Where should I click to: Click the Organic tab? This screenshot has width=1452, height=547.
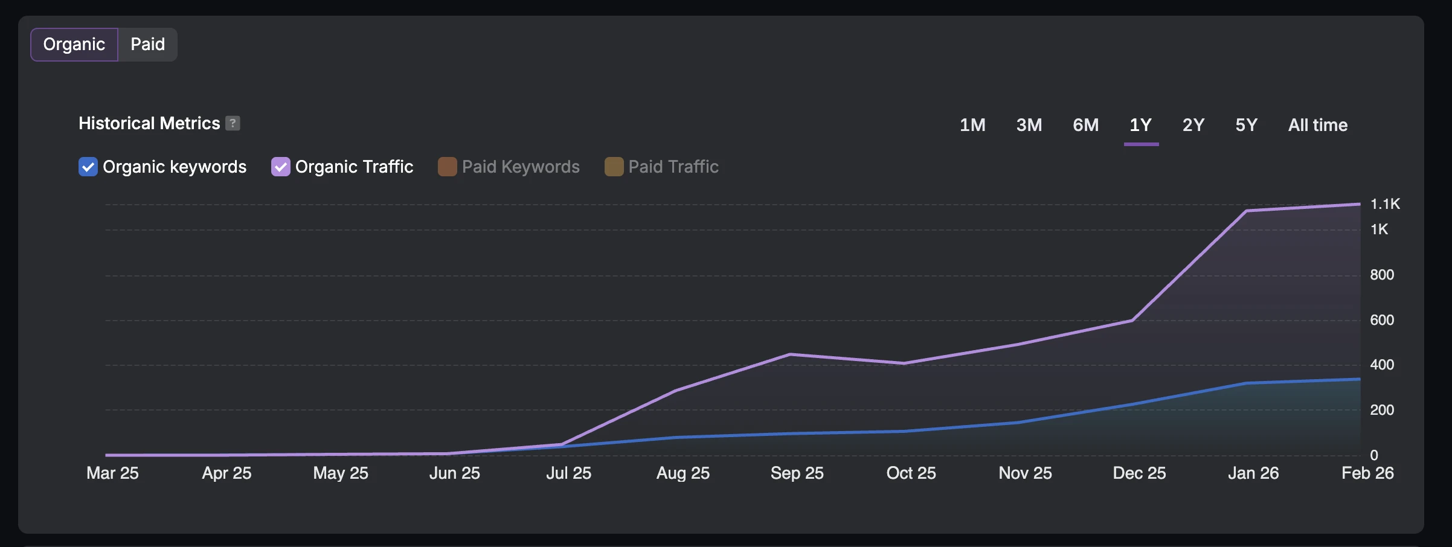(x=74, y=45)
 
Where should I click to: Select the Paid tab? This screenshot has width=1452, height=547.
(x=147, y=45)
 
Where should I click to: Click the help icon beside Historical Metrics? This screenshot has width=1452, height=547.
(x=233, y=123)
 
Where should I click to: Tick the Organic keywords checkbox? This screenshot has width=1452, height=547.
(x=88, y=167)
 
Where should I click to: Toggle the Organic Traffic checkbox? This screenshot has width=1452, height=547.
(x=280, y=167)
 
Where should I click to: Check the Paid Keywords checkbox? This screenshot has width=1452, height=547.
(x=447, y=167)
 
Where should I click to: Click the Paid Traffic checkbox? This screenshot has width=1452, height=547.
(x=614, y=167)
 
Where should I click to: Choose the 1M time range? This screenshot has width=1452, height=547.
(x=972, y=125)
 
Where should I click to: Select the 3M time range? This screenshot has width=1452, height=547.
(x=1029, y=125)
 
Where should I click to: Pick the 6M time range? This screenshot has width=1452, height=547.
(x=1085, y=125)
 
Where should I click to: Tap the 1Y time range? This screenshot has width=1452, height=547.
(x=1141, y=125)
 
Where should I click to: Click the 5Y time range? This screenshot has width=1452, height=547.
(x=1247, y=125)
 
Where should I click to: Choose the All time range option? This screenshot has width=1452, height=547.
(x=1318, y=125)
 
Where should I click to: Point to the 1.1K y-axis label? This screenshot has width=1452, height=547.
(x=1385, y=204)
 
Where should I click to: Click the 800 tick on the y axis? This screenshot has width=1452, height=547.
(x=1382, y=275)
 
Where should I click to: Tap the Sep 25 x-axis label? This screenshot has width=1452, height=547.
(x=797, y=473)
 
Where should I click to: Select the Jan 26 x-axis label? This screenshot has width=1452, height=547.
(x=1253, y=473)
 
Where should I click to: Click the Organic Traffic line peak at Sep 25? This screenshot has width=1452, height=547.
(x=790, y=354)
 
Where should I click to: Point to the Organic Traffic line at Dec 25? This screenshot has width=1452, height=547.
(x=1132, y=321)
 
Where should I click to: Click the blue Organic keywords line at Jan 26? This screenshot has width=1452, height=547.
(x=1247, y=383)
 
